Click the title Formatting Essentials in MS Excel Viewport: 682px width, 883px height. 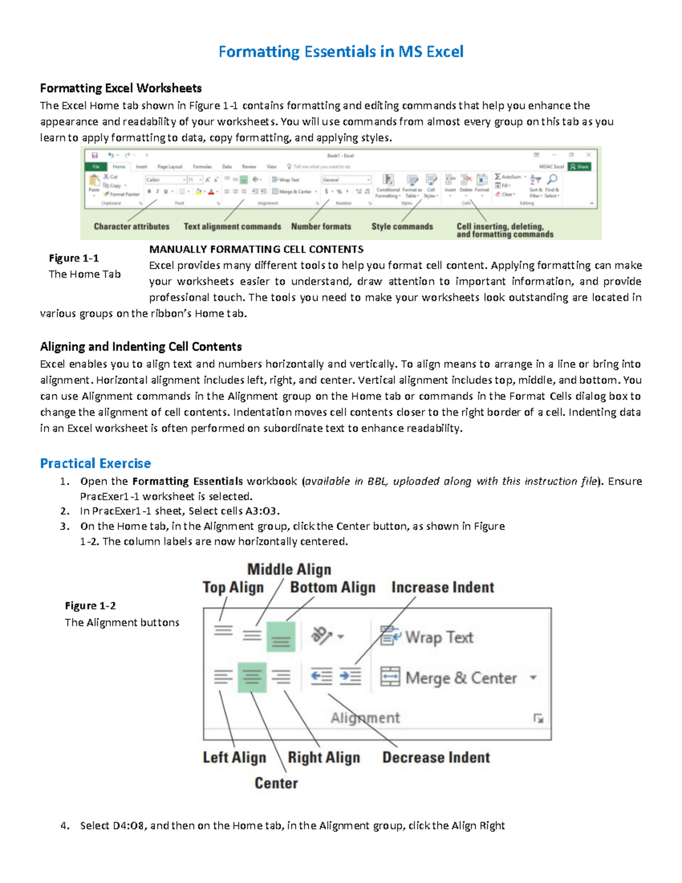click(x=341, y=52)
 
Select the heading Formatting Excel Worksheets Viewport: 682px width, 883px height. click(x=120, y=88)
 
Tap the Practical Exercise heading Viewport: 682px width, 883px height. click(x=95, y=463)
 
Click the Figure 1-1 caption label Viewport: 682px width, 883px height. click(x=74, y=258)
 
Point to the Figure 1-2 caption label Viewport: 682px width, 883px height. click(x=90, y=606)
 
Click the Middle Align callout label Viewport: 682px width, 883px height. click(x=289, y=569)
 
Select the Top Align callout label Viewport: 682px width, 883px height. click(x=233, y=587)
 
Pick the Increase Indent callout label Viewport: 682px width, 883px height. click(x=443, y=587)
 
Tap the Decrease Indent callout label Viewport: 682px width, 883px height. click(x=436, y=757)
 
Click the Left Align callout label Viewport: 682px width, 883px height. click(x=234, y=757)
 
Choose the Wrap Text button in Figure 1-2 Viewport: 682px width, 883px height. click(x=426, y=637)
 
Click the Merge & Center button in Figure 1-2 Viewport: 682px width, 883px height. click(x=449, y=678)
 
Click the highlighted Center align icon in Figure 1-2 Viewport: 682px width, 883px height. click(x=252, y=677)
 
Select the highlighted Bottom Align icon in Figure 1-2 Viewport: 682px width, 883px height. click(x=281, y=637)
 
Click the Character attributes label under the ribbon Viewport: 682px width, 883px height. click(x=131, y=226)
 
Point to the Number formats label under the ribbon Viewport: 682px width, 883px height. click(x=321, y=226)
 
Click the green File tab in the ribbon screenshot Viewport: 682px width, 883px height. click(x=96, y=167)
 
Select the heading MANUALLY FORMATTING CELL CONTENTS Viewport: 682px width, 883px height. click(x=256, y=249)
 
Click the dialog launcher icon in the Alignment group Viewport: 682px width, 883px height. click(x=538, y=719)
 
